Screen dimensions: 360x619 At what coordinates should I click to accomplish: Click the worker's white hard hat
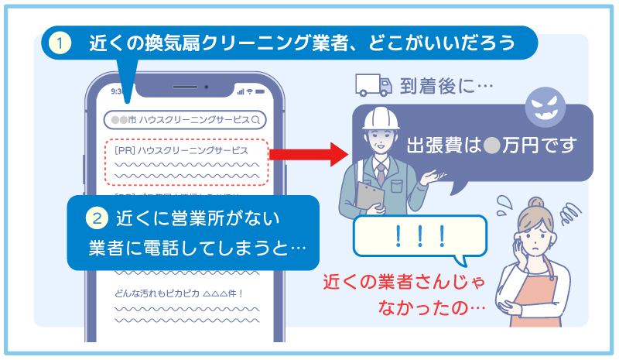pyautogui.click(x=380, y=117)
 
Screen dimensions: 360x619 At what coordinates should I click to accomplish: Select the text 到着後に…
pyautogui.click(x=446, y=86)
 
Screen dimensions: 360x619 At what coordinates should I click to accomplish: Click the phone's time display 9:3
pyautogui.click(x=118, y=91)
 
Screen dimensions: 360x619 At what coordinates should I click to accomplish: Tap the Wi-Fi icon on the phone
pyautogui.click(x=250, y=91)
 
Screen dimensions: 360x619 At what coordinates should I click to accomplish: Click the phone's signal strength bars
pyautogui.click(x=240, y=91)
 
